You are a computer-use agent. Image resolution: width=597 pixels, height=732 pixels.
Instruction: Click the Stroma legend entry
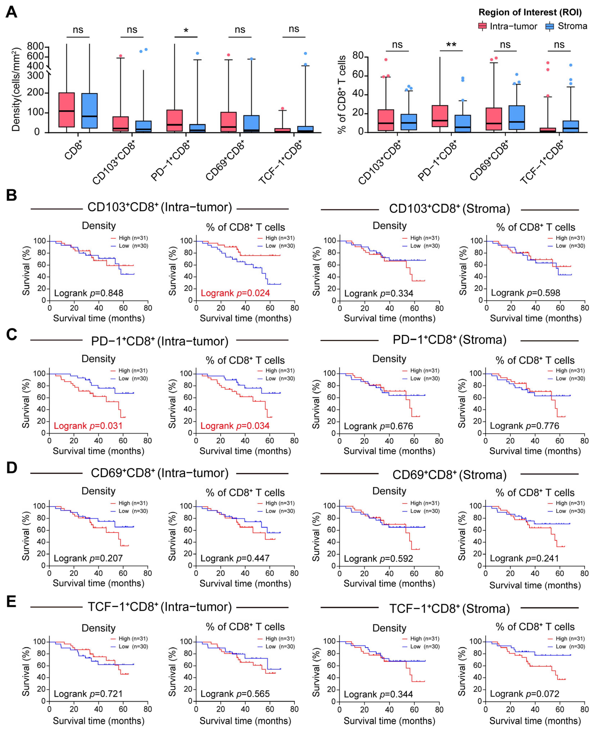(x=566, y=26)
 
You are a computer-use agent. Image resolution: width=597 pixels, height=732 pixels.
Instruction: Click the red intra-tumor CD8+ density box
(x=67, y=110)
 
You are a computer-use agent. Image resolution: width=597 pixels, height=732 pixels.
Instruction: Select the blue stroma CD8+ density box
(x=89, y=111)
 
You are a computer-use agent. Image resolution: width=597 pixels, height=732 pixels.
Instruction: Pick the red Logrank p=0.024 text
(x=235, y=293)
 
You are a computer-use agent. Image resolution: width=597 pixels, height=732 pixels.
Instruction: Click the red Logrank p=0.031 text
(x=88, y=426)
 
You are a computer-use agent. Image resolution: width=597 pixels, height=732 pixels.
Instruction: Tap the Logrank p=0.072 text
(x=524, y=694)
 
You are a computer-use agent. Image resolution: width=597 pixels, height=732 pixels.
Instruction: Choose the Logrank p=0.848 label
(x=88, y=293)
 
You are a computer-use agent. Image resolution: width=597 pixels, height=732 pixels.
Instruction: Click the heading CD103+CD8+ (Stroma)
(x=449, y=209)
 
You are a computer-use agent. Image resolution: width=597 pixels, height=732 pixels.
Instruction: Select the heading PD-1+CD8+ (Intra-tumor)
(x=160, y=341)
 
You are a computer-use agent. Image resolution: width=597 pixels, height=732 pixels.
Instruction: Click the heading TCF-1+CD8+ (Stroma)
(x=449, y=608)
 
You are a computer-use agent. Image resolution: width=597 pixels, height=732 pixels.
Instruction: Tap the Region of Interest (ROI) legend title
(x=530, y=12)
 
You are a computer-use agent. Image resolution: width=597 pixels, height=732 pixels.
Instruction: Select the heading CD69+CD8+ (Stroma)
(x=449, y=475)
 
